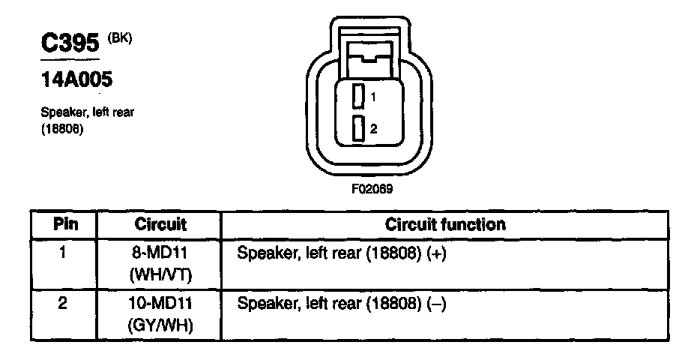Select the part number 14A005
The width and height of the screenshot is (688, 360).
pyautogui.click(x=76, y=79)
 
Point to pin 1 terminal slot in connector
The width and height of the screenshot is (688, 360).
pyautogui.click(x=359, y=97)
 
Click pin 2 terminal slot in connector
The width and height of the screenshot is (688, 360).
pyautogui.click(x=359, y=128)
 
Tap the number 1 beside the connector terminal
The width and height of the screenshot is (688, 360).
pyautogui.click(x=372, y=97)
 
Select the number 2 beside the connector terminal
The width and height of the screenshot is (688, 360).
pyautogui.click(x=373, y=129)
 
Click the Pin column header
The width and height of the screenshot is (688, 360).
pyautogui.click(x=64, y=224)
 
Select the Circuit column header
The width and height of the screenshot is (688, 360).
pyautogui.click(x=160, y=224)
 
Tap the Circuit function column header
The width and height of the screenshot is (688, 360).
pyautogui.click(x=445, y=224)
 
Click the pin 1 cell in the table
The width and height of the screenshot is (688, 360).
pyautogui.click(x=64, y=253)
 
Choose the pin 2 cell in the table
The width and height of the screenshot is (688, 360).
pyautogui.click(x=64, y=305)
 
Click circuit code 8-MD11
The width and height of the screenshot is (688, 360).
pyautogui.click(x=160, y=253)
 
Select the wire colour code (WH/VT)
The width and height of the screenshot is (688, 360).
pyautogui.click(x=160, y=274)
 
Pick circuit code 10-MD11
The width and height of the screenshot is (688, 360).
pyautogui.click(x=160, y=305)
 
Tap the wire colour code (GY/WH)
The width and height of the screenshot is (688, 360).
pyautogui.click(x=160, y=326)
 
